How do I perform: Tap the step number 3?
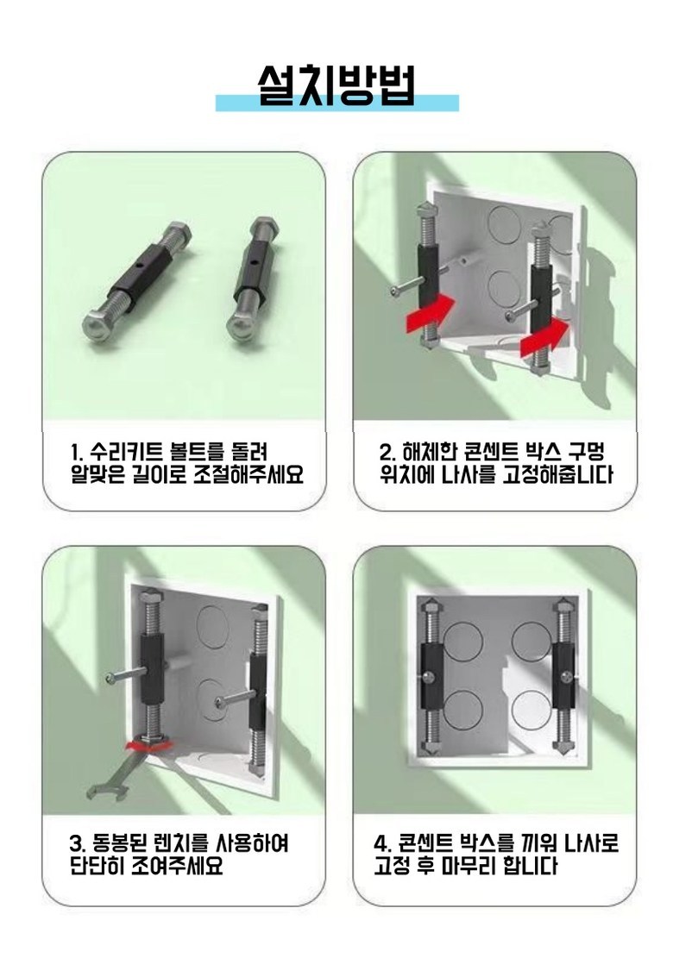point(76,843)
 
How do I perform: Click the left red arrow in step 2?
point(430,313)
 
